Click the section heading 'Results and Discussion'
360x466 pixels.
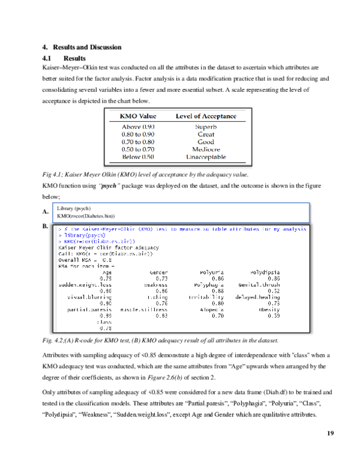pyautogui.click(x=87, y=47)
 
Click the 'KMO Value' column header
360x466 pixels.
pyautogui.click(x=139, y=116)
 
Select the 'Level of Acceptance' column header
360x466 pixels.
pyautogui.click(x=206, y=116)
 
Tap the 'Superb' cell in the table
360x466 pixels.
pyautogui.click(x=206, y=127)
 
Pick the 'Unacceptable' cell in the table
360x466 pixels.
pyautogui.click(x=206, y=156)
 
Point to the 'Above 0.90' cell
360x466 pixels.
pyautogui.click(x=139, y=127)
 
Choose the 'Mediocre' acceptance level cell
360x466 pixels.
pyautogui.click(x=206, y=149)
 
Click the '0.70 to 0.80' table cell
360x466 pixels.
pyautogui.click(x=139, y=142)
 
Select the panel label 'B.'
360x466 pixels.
pyautogui.click(x=46, y=227)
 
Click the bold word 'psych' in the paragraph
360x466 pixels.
pyautogui.click(x=109, y=186)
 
